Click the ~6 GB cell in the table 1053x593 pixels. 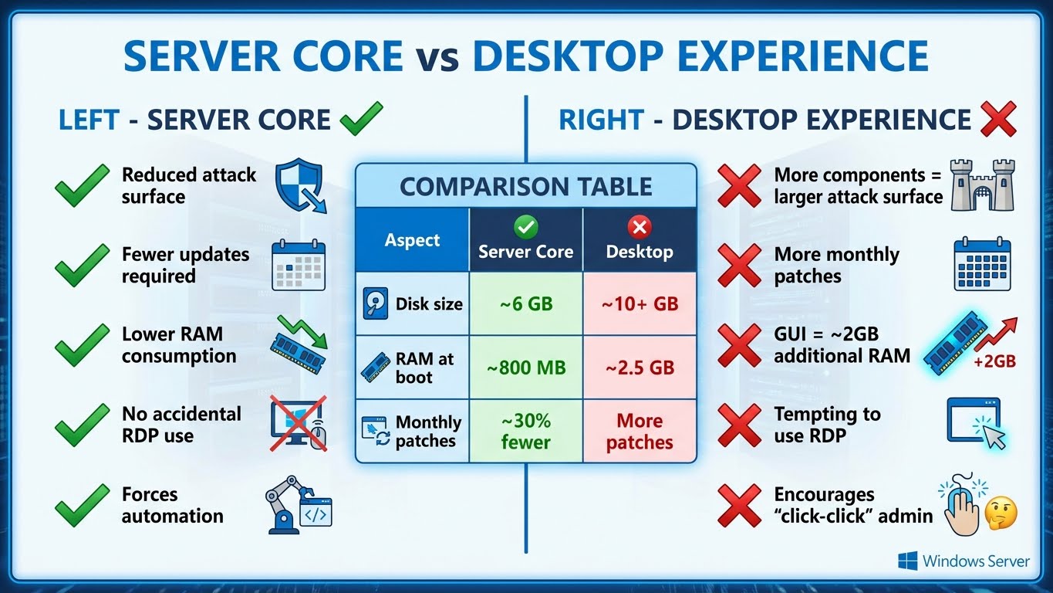[x=525, y=303]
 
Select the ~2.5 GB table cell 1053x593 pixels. [x=640, y=368]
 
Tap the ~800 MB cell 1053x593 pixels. [x=525, y=368]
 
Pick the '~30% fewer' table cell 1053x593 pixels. [x=525, y=431]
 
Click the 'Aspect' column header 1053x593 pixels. [x=412, y=240]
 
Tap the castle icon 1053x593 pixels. [x=982, y=185]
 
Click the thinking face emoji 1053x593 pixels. [x=1001, y=512]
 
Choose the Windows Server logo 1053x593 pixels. [x=964, y=561]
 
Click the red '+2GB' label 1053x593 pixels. [x=995, y=361]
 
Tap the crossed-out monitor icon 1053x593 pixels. [x=298, y=424]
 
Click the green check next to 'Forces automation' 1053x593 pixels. [x=82, y=505]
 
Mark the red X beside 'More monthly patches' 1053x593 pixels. [x=738, y=266]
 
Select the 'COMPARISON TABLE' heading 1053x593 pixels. [x=525, y=186]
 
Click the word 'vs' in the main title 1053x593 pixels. [x=437, y=56]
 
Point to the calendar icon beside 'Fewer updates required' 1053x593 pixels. [x=299, y=266]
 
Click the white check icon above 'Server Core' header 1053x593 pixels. [x=525, y=226]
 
